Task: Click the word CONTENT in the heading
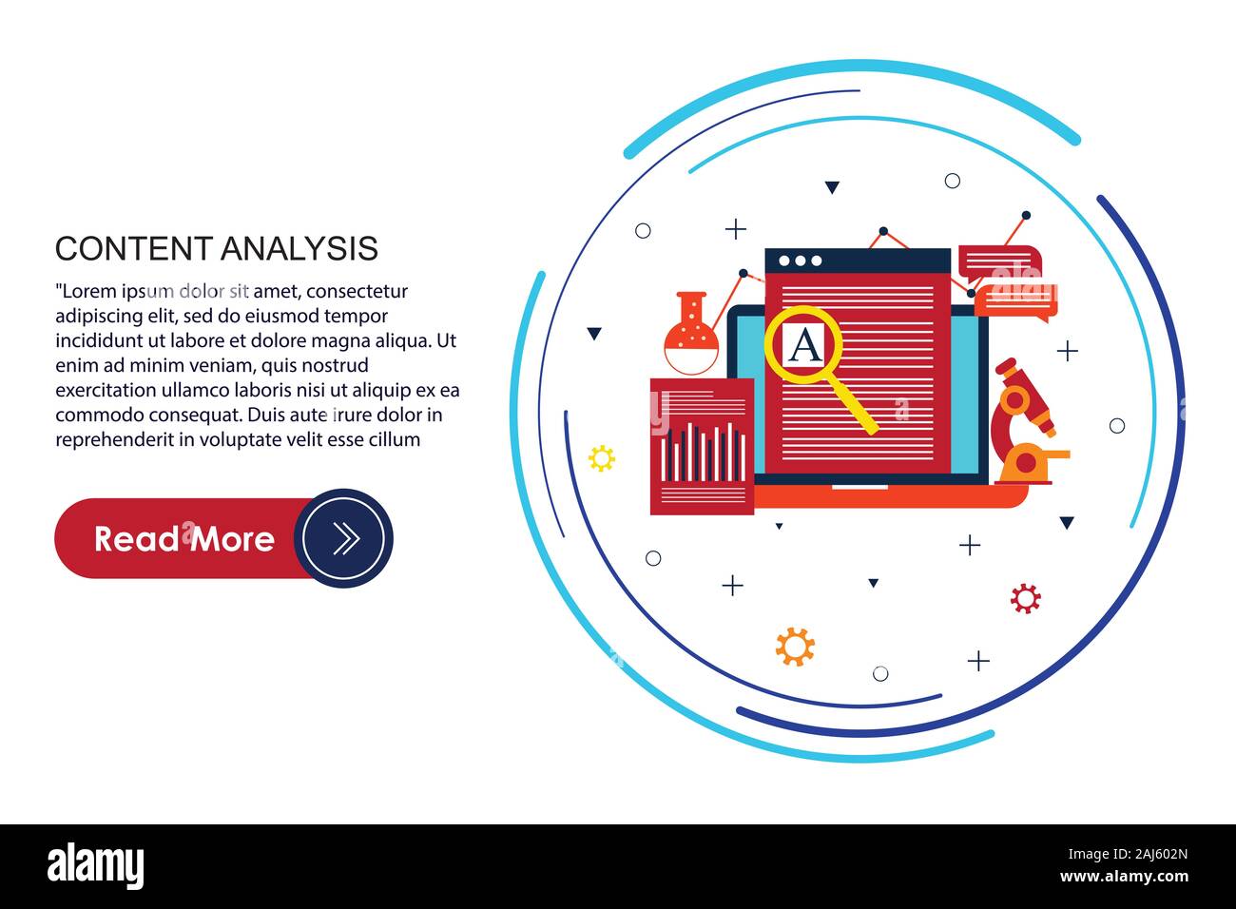134,248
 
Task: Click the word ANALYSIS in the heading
299,248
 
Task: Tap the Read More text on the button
184,539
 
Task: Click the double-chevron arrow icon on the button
346,538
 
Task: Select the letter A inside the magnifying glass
805,344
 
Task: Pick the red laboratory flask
691,334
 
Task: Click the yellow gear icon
602,458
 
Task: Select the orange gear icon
795,647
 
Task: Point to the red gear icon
1026,598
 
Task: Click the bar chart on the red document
703,452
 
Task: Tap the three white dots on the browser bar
801,261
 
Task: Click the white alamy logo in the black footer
95,866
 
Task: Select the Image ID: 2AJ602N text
1128,854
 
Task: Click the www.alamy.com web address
1125,877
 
